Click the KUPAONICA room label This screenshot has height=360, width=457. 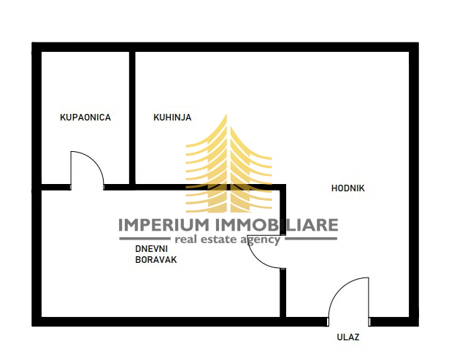(x=85, y=118)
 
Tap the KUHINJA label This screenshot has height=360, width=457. (x=172, y=118)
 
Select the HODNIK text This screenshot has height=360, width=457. (x=348, y=188)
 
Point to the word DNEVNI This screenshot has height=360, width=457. (x=151, y=249)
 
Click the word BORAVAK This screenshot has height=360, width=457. (x=156, y=260)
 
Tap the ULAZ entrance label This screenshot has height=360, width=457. (x=348, y=337)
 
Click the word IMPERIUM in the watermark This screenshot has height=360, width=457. (x=164, y=225)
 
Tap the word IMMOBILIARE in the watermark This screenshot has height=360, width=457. (x=277, y=225)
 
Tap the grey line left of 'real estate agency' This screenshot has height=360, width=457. (x=145, y=239)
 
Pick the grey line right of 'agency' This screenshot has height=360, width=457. (x=311, y=239)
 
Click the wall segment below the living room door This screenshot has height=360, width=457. (x=283, y=292)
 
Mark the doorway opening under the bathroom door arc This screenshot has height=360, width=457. (x=87, y=188)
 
